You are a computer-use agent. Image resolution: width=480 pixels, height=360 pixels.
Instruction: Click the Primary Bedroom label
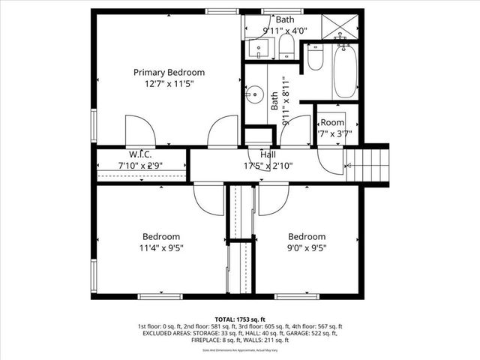click(169, 72)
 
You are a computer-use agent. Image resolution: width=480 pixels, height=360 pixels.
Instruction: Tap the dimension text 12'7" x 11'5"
click(169, 85)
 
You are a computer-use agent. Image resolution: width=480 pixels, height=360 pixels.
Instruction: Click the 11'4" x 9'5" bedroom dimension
click(161, 247)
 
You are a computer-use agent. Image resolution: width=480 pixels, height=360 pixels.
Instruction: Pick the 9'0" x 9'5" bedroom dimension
click(307, 247)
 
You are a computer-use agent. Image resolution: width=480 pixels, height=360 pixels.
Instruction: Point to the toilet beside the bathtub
click(315, 58)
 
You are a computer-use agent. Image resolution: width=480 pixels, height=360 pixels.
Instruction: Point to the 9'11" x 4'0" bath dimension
click(285, 31)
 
